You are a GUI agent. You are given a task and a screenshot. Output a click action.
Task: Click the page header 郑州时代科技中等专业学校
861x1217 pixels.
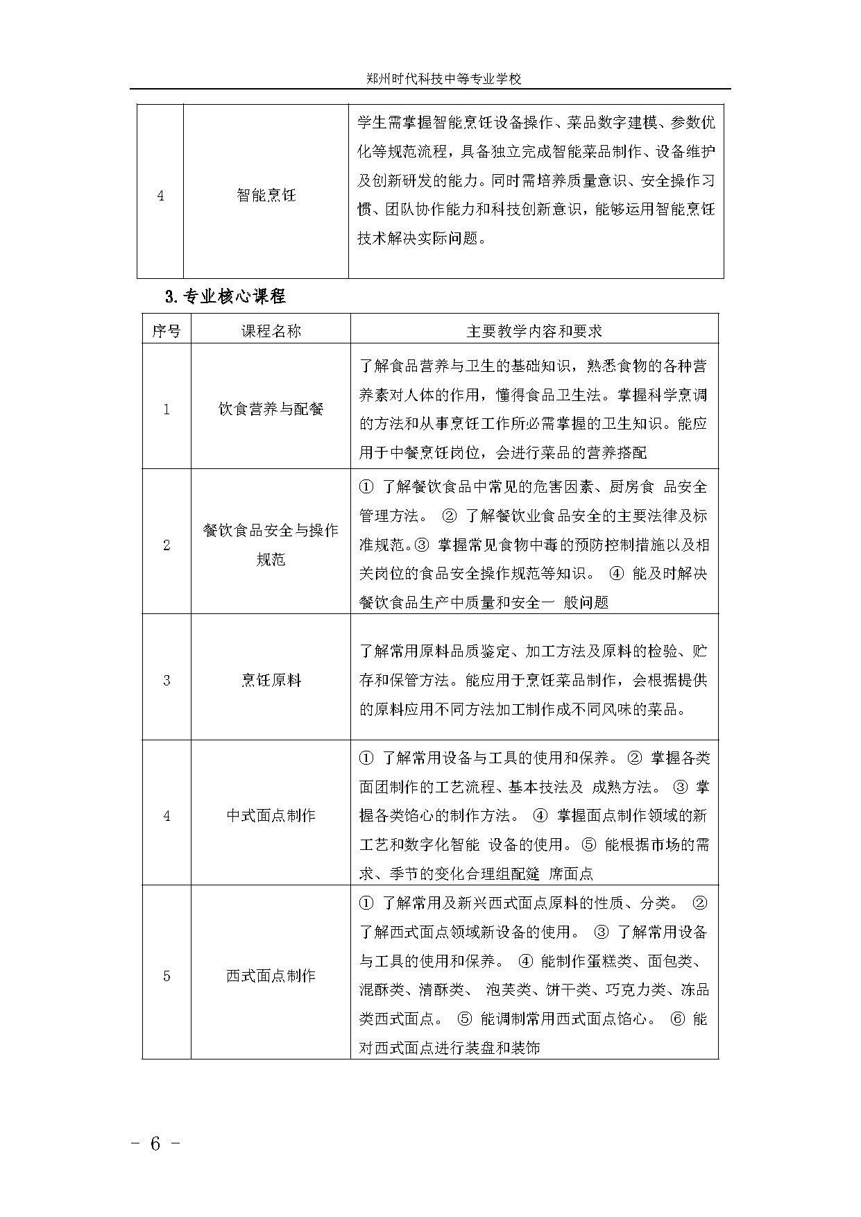443,79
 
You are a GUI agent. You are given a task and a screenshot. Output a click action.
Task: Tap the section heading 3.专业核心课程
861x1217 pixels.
225,297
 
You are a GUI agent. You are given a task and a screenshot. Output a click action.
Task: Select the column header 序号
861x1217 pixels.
166,331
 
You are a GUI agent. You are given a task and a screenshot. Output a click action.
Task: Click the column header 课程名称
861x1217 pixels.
271,331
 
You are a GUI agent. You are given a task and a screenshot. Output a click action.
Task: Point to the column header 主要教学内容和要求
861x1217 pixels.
534,331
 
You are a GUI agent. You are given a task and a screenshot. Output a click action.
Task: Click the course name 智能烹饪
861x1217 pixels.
266,196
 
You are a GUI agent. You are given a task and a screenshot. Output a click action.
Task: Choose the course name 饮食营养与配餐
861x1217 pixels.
271,409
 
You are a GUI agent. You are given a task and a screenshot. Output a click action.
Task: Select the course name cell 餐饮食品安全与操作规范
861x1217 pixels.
271,545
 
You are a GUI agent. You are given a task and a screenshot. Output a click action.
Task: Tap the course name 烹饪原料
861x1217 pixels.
271,680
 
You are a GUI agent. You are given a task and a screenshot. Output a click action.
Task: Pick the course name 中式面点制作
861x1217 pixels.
271,816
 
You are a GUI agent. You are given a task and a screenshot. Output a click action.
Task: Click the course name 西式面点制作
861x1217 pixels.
271,976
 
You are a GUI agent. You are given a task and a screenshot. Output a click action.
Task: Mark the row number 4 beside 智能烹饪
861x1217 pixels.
160,196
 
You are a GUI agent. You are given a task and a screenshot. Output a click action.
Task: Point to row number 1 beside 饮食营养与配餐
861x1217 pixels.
166,409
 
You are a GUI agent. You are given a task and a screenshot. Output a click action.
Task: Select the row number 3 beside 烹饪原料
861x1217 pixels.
166,680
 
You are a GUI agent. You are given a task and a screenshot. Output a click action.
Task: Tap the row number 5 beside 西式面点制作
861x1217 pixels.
166,976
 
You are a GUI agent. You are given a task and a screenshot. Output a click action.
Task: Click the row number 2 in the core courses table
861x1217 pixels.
166,545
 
